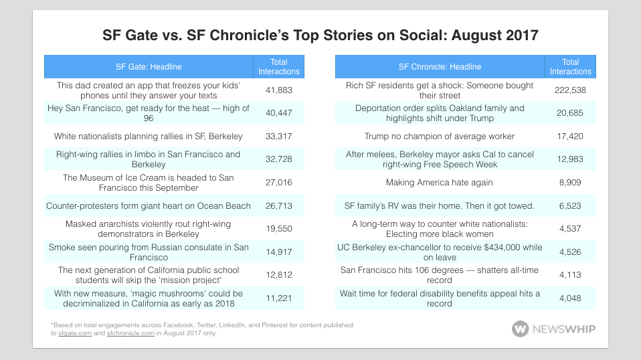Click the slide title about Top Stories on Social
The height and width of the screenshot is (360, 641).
[x=320, y=34]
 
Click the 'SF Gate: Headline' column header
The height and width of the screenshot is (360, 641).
[x=148, y=67]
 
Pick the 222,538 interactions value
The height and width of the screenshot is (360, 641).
[x=571, y=90]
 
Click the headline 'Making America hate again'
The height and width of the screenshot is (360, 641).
[x=440, y=182]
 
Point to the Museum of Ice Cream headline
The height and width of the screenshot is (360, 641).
[x=148, y=182]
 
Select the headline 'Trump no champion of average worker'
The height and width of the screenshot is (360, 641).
[x=440, y=137]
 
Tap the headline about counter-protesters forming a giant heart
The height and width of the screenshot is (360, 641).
[x=148, y=205]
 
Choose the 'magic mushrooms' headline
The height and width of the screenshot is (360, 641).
[x=148, y=298]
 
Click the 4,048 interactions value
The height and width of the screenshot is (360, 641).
[x=571, y=298]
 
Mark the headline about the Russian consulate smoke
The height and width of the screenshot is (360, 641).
[x=148, y=252]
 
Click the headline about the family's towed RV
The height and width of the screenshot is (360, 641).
[x=440, y=205]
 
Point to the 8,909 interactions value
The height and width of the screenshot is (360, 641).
[x=571, y=182]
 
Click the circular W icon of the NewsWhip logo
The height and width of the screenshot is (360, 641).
[x=520, y=329]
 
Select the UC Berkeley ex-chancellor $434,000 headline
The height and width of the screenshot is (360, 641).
[x=440, y=252]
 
